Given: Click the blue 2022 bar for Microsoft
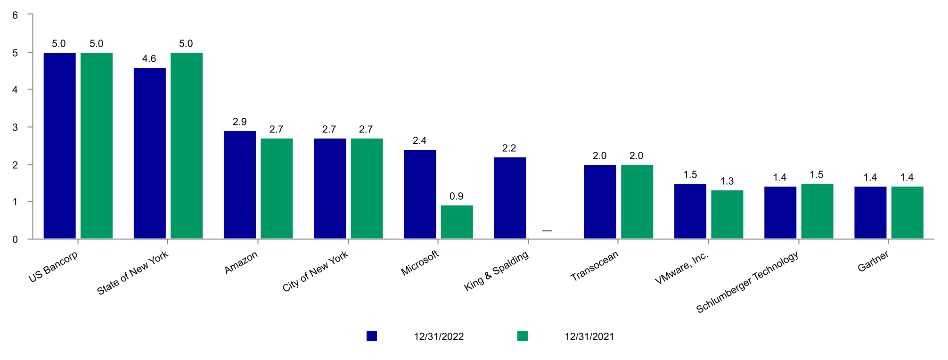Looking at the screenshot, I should (x=420, y=194).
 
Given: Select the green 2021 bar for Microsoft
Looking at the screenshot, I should (x=457, y=222).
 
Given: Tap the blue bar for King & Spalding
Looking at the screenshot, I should (x=510, y=198).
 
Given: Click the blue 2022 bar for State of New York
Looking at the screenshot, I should (x=150, y=153).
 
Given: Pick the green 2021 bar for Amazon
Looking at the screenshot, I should (x=277, y=188).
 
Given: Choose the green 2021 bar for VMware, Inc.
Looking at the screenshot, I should (x=727, y=214).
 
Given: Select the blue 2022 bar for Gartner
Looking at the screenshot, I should (x=870, y=213).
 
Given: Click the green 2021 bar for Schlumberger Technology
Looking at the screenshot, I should (x=817, y=211).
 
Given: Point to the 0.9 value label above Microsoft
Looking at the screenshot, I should (x=456, y=196).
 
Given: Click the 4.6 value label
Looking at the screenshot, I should (x=149, y=59).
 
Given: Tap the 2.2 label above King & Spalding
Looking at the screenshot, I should (x=509, y=148).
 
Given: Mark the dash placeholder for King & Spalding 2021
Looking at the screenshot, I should (x=547, y=231).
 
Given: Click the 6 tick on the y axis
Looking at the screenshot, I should (x=15, y=15).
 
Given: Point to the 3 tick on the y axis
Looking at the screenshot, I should (x=15, y=127).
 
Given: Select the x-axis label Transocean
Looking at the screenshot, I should (x=595, y=266).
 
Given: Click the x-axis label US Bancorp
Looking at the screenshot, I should (x=53, y=267).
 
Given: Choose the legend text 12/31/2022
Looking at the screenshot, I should (x=439, y=337).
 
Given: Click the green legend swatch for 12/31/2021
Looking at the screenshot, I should (x=523, y=336).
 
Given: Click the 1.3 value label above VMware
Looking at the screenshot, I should (x=727, y=181).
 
